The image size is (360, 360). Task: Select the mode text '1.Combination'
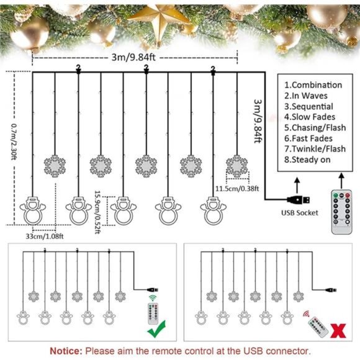(x=313, y=84)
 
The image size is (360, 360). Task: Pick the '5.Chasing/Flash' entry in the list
(x=315, y=127)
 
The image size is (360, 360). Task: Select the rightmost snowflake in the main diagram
(x=236, y=165)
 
